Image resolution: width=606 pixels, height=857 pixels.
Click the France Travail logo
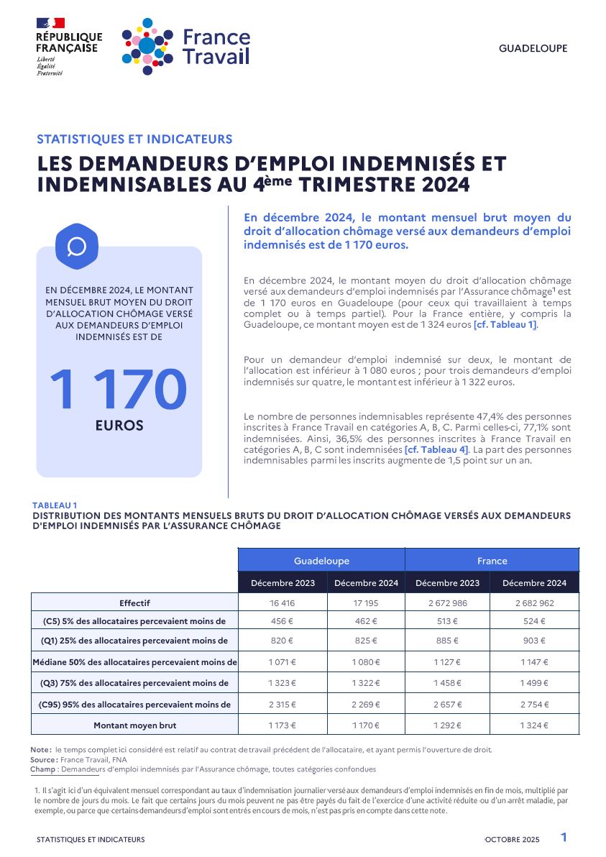click(x=185, y=46)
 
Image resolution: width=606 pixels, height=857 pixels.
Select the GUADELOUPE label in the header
click(x=533, y=49)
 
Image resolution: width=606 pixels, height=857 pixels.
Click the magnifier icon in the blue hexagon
click(x=76, y=247)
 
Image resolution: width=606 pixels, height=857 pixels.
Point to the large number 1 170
click(x=119, y=390)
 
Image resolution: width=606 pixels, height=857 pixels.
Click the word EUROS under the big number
click(x=119, y=426)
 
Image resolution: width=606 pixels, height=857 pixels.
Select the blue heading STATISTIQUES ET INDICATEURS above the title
click(x=134, y=139)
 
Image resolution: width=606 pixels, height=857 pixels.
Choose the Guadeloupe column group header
click(x=321, y=561)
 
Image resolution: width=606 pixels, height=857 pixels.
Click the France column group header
click(x=492, y=561)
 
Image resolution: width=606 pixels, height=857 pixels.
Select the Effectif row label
click(x=134, y=603)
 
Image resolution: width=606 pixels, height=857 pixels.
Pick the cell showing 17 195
click(x=365, y=603)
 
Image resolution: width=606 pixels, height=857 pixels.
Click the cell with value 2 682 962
click(x=534, y=603)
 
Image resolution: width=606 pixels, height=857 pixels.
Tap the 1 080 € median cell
click(x=365, y=662)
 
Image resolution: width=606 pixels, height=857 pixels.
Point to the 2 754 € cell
click(x=534, y=705)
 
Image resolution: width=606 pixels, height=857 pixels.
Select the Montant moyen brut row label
click(x=134, y=725)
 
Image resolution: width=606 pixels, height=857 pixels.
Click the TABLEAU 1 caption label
click(x=55, y=505)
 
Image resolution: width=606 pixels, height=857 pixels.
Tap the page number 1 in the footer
click(x=564, y=838)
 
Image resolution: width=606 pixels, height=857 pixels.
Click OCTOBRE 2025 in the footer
click(x=513, y=840)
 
